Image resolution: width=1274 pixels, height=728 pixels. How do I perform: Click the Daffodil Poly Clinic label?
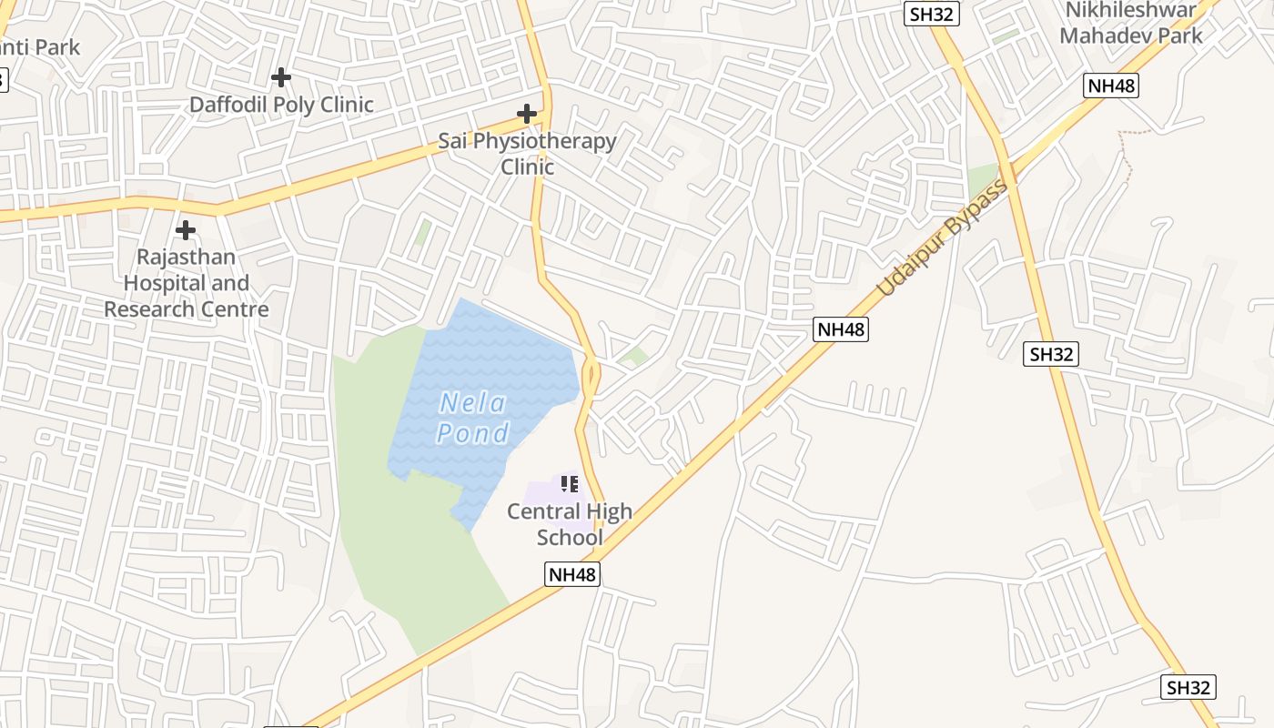281,105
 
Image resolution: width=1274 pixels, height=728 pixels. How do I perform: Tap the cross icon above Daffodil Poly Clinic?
281,77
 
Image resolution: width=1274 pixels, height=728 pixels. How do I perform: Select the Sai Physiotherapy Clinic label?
527,154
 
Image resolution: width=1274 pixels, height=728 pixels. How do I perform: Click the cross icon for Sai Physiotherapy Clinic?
526,114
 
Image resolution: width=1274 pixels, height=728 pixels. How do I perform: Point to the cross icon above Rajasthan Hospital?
186,229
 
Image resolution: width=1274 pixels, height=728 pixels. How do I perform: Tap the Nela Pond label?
473,417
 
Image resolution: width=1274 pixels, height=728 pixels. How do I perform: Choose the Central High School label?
570,524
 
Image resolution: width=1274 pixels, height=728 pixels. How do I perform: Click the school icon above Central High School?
570,484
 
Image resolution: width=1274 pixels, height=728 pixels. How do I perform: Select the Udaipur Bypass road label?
943,238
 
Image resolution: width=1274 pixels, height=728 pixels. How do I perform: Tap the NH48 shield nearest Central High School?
573,574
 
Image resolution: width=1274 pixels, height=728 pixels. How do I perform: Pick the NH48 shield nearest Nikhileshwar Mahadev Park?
1111,86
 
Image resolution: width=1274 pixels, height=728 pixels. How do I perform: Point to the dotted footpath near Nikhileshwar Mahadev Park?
1128,150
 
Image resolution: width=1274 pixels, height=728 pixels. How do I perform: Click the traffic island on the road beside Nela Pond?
592,373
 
